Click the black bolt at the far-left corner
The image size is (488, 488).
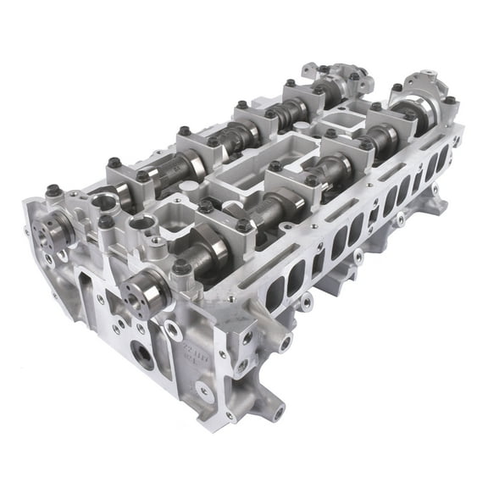coord(52,191)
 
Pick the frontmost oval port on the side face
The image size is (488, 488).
coord(276,293)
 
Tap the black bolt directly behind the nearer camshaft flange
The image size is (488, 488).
coord(180,267)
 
